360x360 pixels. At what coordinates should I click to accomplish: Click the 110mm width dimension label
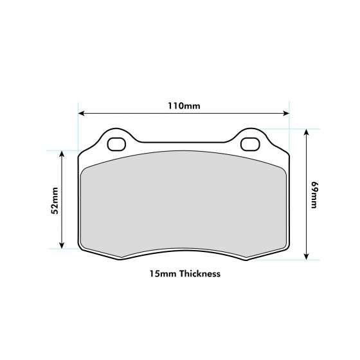183,105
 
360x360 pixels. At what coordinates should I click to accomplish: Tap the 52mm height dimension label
55,200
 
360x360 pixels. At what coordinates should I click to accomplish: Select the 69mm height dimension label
314,195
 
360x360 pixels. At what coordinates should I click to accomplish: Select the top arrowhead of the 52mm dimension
62,154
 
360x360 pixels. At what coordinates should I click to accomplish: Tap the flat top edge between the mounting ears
183,142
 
